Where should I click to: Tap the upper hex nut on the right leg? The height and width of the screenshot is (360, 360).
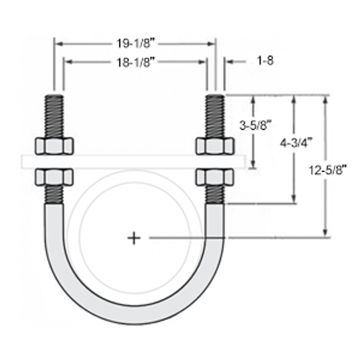click(215, 146)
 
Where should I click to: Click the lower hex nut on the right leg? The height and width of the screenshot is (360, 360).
click(215, 177)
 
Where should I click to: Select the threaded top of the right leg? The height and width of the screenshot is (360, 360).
click(215, 114)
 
